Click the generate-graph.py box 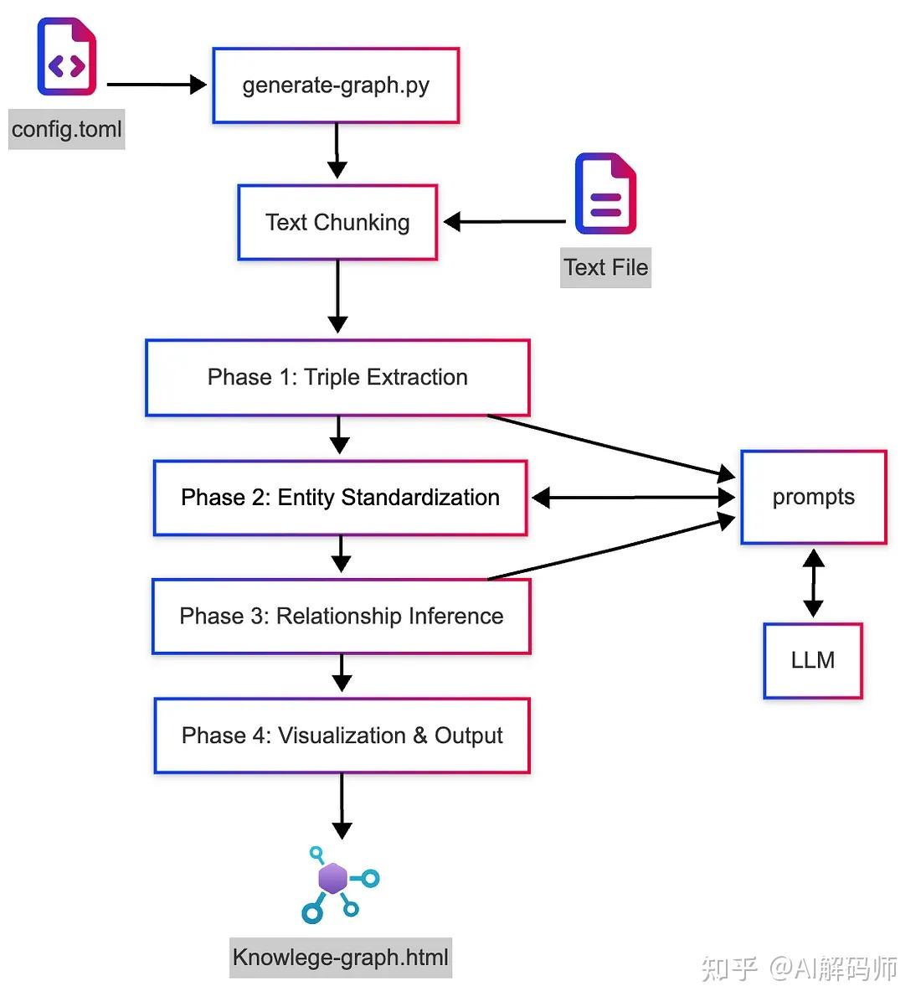[x=336, y=85]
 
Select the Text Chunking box [x=337, y=222]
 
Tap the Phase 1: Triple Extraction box [x=337, y=377]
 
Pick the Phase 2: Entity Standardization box [x=340, y=498]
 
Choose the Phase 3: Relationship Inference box [x=341, y=617]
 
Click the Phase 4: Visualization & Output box [x=342, y=736]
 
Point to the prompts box [x=813, y=497]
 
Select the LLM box [x=812, y=660]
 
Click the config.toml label [x=67, y=129]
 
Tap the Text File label [x=605, y=267]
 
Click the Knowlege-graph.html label [x=341, y=958]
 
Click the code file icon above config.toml [x=67, y=57]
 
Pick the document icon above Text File [x=605, y=194]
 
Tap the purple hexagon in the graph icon [x=332, y=879]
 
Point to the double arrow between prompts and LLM [x=813, y=583]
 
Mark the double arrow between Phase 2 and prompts [x=633, y=498]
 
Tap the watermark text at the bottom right [x=800, y=968]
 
